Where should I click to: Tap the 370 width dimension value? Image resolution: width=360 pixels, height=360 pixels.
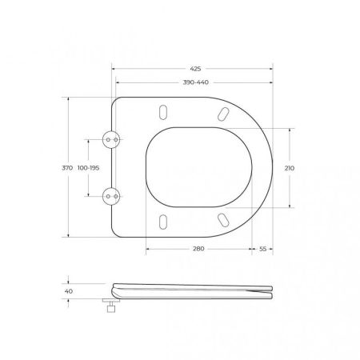tap(67, 168)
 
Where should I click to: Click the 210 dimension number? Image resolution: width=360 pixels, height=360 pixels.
tap(290, 168)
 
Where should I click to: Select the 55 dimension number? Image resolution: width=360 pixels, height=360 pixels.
tap(263, 250)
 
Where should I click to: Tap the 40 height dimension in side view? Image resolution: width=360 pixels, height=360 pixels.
tap(69, 292)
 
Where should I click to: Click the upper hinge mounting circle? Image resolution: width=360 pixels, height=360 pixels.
tap(111, 139)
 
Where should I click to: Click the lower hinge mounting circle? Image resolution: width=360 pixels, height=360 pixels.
tap(111, 196)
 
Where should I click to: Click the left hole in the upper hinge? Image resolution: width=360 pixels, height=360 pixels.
tap(107, 139)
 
